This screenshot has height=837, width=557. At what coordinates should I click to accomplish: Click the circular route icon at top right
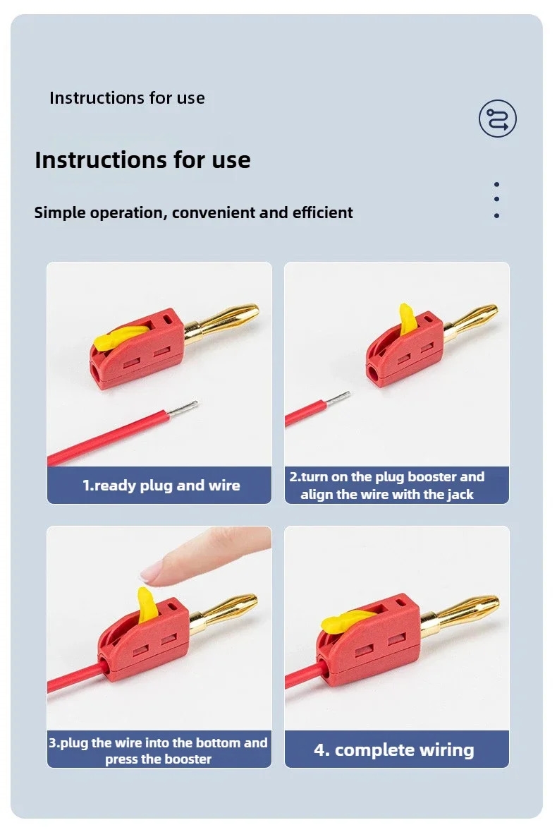pos(497,118)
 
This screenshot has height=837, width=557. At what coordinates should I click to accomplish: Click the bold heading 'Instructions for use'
pos(142,159)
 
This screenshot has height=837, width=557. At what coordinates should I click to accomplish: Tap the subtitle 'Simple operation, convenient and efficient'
pos(193,212)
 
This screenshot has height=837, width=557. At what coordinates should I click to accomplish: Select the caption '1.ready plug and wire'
pos(161,486)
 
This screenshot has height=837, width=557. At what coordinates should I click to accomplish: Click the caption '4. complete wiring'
pos(393,749)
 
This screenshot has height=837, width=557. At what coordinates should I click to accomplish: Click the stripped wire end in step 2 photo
pos(338,398)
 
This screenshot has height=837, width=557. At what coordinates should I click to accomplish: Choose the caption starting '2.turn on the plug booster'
pos(387,486)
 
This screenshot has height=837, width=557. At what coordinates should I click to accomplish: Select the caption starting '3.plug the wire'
pos(159,750)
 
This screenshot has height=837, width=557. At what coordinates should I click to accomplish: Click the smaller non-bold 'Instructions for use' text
pos(127,97)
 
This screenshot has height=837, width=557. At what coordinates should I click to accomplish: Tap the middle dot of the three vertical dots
pos(496,199)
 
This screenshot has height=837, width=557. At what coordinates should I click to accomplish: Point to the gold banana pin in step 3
pos(225,610)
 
